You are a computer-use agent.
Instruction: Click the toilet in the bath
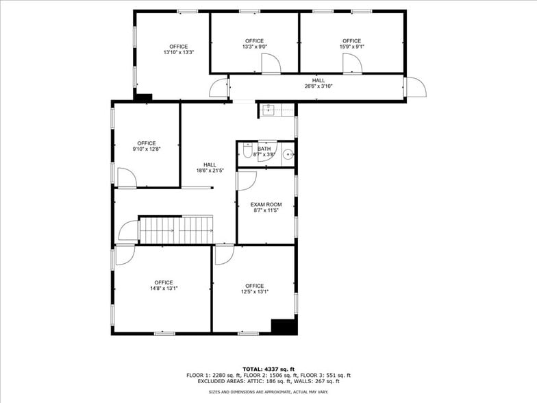click(x=247, y=154)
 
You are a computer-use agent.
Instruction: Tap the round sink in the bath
click(x=288, y=154)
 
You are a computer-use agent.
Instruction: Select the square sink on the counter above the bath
click(x=269, y=110)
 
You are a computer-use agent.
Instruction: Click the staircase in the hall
click(x=176, y=230)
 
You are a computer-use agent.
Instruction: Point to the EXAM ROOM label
click(x=266, y=204)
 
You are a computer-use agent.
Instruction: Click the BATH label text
click(x=264, y=149)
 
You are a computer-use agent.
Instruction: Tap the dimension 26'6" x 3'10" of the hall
click(x=319, y=87)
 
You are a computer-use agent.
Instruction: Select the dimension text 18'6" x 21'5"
click(x=210, y=170)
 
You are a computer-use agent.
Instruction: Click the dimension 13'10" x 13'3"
click(x=179, y=52)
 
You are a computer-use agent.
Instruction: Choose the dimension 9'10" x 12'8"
click(x=147, y=149)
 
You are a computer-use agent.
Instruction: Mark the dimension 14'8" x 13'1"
click(x=164, y=289)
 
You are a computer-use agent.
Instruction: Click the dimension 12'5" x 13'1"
click(x=254, y=291)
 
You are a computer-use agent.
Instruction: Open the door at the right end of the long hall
click(x=415, y=87)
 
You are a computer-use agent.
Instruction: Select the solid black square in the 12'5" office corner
click(x=284, y=326)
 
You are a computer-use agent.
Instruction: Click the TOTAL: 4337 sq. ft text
click(x=268, y=369)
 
